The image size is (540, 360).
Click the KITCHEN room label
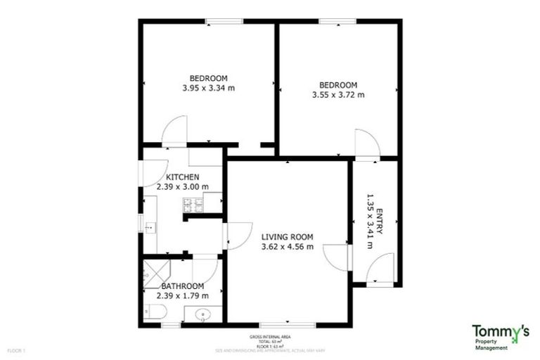pyautogui.click(x=183, y=176)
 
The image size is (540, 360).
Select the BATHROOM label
pyautogui.click(x=183, y=286)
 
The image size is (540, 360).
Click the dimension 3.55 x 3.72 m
pyautogui.click(x=338, y=95)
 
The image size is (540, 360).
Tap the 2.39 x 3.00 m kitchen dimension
pyautogui.click(x=183, y=187)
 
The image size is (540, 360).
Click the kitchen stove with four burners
pyautogui.click(x=193, y=205)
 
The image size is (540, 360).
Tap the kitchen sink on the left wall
pyautogui.click(x=150, y=226)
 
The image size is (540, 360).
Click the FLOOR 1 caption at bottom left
pyautogui.click(x=15, y=349)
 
